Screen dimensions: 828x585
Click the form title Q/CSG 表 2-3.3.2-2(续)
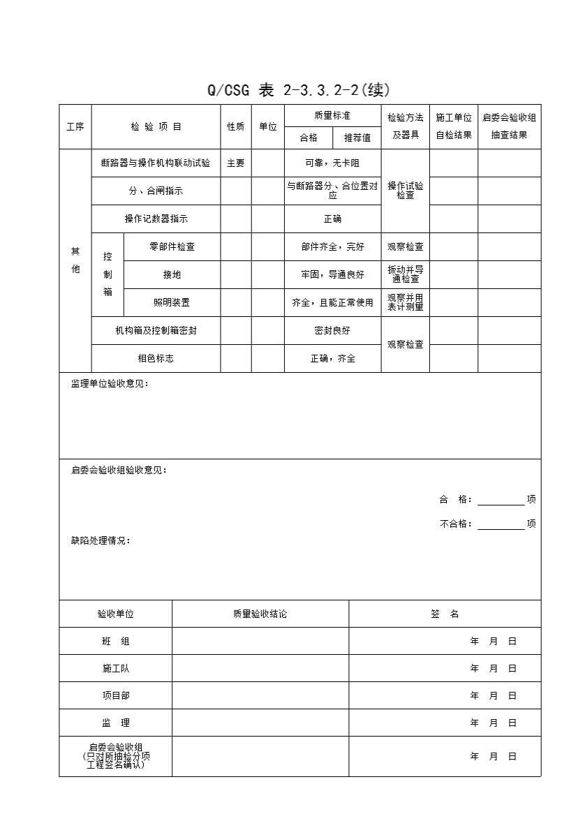tap(298, 91)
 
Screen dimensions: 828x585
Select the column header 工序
tap(75, 127)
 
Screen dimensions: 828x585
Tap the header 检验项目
tap(156, 127)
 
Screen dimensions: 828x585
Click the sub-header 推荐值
tap(357, 138)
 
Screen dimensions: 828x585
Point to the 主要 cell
tap(236, 163)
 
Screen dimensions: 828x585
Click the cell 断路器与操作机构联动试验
tap(156, 163)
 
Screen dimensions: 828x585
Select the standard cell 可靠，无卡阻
tap(332, 163)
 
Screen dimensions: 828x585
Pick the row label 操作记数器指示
tap(156, 219)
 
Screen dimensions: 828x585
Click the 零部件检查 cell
tap(172, 247)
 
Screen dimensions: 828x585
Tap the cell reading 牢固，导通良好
tap(332, 275)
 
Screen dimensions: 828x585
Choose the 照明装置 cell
tap(172, 303)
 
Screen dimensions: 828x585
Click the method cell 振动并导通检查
tap(405, 274)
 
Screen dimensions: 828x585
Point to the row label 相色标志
tap(156, 359)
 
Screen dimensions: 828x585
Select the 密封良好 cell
tap(332, 331)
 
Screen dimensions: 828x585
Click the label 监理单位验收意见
tap(110, 384)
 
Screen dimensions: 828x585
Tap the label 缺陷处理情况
tap(101, 541)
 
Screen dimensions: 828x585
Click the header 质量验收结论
tap(260, 614)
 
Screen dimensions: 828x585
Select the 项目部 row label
tap(116, 696)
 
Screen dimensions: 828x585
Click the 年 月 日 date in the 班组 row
tap(494, 642)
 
